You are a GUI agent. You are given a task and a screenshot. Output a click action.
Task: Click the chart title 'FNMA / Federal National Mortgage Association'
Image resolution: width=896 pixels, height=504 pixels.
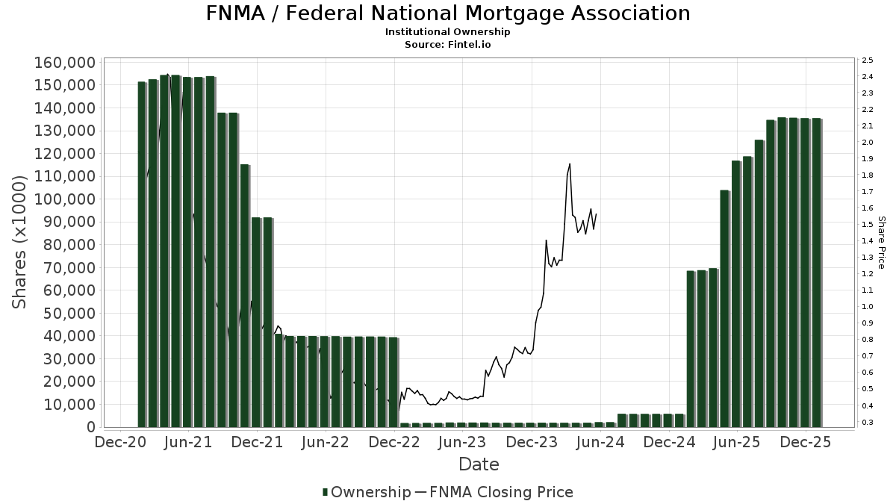click(448, 13)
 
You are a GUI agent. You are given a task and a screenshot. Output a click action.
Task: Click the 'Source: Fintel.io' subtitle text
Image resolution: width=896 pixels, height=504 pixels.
click(448, 45)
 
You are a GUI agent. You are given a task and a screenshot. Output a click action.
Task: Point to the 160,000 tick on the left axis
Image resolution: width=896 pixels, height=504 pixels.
click(65, 63)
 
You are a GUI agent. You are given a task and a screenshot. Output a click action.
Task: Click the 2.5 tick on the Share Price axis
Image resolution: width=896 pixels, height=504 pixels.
click(868, 60)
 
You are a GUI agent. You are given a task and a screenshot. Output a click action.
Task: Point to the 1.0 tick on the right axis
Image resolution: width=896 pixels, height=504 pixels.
click(868, 307)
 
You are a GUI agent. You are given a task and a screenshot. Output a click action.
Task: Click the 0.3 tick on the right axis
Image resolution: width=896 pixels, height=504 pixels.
click(868, 423)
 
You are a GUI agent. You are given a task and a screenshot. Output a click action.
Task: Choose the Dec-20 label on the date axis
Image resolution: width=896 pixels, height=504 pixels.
click(120, 442)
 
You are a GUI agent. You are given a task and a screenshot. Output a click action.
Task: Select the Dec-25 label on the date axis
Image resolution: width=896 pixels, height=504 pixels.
click(806, 442)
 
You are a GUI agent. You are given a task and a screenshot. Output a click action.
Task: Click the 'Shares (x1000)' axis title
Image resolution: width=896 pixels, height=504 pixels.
click(20, 243)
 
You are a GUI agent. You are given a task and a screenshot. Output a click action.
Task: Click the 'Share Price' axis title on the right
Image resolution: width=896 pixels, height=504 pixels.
click(881, 243)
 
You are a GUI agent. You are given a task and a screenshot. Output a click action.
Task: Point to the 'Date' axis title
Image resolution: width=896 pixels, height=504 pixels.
click(479, 464)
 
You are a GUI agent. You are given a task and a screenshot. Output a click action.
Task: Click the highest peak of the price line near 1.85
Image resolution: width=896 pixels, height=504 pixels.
click(570, 164)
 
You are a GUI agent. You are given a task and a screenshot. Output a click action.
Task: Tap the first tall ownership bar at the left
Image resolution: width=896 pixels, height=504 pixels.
click(142, 254)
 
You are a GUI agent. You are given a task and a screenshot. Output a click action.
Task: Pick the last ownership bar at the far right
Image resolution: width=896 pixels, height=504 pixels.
click(817, 272)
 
